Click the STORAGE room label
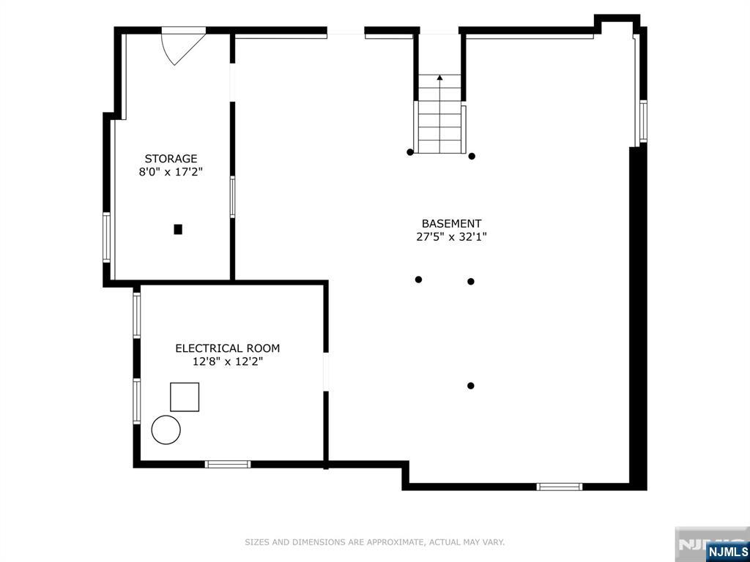tap(171, 159)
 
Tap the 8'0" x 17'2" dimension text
tap(171, 172)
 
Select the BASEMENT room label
tap(451, 223)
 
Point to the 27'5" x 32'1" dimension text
tap(451, 236)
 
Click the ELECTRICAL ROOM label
tap(227, 348)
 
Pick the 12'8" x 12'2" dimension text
tap(228, 361)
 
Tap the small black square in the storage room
tap(178, 229)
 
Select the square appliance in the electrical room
tap(185, 397)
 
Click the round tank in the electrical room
tap(166, 430)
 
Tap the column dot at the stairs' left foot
tap(410, 152)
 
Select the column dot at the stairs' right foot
tap(472, 156)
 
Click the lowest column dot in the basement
tap(471, 386)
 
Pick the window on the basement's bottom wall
tap(559, 487)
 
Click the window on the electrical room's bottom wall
tap(228, 464)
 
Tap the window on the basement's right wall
tap(643, 121)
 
